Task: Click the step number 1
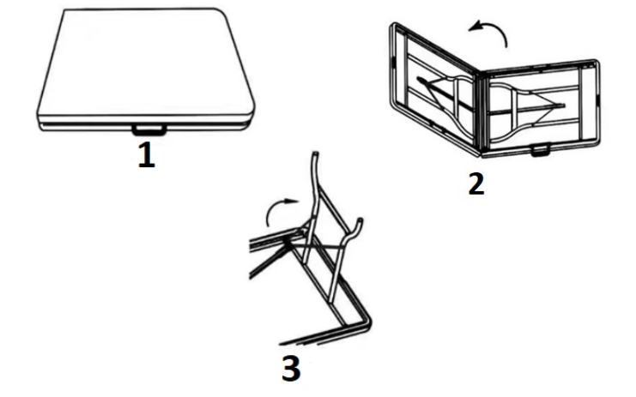(x=147, y=155)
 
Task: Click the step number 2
(x=476, y=183)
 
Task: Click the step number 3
(x=291, y=368)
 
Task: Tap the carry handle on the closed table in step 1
(x=148, y=130)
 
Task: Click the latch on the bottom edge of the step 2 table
(x=540, y=150)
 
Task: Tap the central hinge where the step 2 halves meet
(x=482, y=112)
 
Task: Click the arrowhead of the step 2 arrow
(x=474, y=27)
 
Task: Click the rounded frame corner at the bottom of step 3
(x=366, y=321)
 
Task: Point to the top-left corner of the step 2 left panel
(x=392, y=26)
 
